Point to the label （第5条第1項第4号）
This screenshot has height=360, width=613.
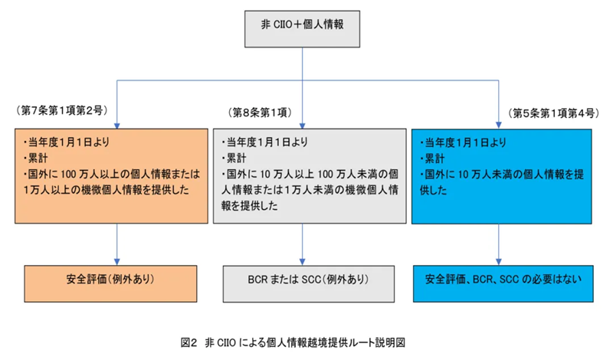click(552, 112)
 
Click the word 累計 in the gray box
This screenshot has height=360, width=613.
click(233, 158)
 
